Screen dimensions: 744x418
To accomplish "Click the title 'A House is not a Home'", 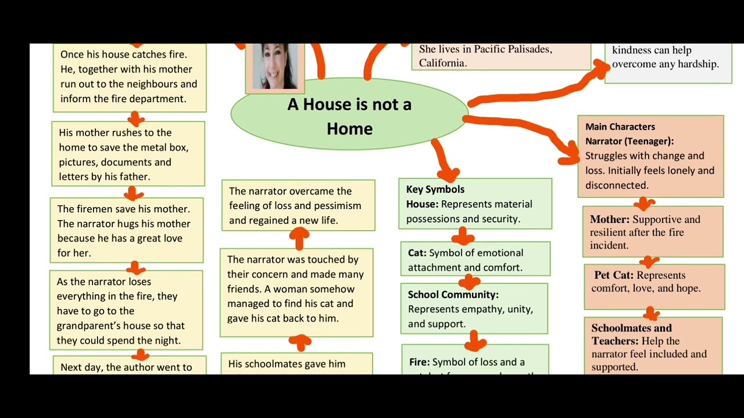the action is pyautogui.click(x=349, y=116).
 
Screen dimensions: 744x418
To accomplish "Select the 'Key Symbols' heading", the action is pyautogui.click(x=435, y=189).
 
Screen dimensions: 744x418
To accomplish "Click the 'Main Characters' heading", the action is pyautogui.click(x=620, y=127).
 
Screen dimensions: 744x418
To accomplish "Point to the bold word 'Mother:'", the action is pyautogui.click(x=609, y=219).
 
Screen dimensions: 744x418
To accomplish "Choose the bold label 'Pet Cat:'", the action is pyautogui.click(x=614, y=275).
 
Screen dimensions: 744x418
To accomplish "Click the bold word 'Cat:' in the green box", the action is pyautogui.click(x=417, y=253).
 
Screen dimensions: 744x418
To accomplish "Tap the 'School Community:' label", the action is pyautogui.click(x=453, y=295).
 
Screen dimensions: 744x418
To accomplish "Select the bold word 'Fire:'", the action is pyautogui.click(x=419, y=362).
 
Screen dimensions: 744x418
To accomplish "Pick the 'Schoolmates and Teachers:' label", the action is pyautogui.click(x=631, y=334).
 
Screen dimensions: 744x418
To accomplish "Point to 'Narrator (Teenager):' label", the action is pyautogui.click(x=629, y=141).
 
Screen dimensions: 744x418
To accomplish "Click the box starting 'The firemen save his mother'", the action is pyautogui.click(x=127, y=230).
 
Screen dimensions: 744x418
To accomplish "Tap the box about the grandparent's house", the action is pyautogui.click(x=126, y=310).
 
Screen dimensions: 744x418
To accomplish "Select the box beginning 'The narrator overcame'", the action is pyautogui.click(x=298, y=206).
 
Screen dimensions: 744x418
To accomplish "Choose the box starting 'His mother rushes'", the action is pyautogui.click(x=128, y=154).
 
